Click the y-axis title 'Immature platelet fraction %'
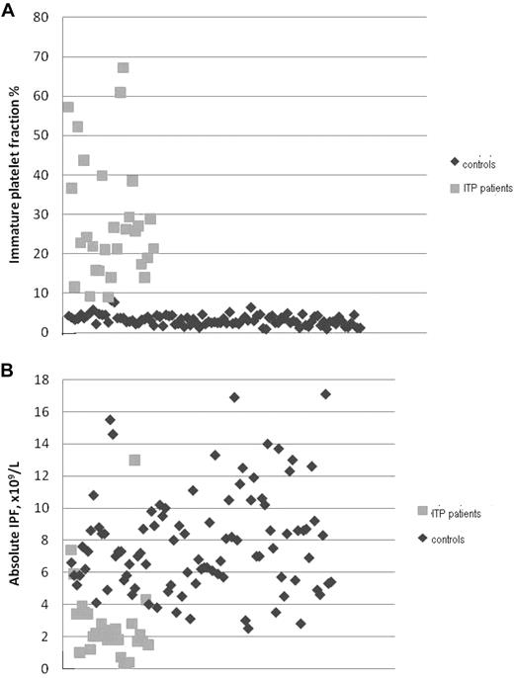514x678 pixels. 17,174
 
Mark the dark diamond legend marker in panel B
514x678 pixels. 423,539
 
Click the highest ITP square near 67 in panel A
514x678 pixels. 124,68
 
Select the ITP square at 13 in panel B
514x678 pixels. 134,460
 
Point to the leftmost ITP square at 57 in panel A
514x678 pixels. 67,107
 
